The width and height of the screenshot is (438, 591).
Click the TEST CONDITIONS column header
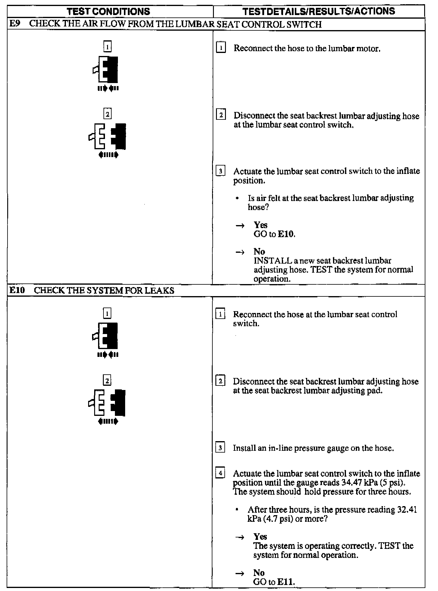108,11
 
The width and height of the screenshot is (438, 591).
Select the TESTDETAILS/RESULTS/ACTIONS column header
319,11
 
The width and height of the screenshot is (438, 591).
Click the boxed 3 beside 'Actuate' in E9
221,171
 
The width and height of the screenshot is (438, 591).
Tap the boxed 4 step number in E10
220,473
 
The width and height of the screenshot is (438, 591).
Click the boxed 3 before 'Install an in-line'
220,448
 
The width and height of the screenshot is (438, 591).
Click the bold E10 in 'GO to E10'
286,234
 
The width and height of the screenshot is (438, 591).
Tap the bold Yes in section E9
261,225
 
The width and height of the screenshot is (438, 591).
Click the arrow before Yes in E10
240,537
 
